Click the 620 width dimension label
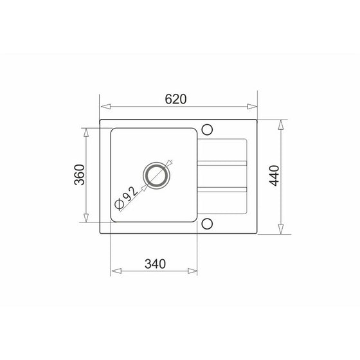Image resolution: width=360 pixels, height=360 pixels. [x=175, y=99]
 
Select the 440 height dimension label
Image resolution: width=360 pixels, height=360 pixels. [x=274, y=175]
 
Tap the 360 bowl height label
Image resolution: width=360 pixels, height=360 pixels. [x=80, y=175]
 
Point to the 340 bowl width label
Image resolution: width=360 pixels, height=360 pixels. [x=155, y=264]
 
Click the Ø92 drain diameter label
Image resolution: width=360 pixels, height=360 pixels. [x=127, y=198]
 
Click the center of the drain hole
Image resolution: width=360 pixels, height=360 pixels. [x=157, y=175]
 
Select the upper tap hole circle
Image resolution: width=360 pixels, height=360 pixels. [x=207, y=129]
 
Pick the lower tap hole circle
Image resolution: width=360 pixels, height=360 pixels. [x=207, y=224]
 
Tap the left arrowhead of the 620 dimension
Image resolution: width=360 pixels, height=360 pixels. [x=105, y=107]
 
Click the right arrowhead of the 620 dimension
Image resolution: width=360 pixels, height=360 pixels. [x=252, y=107]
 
